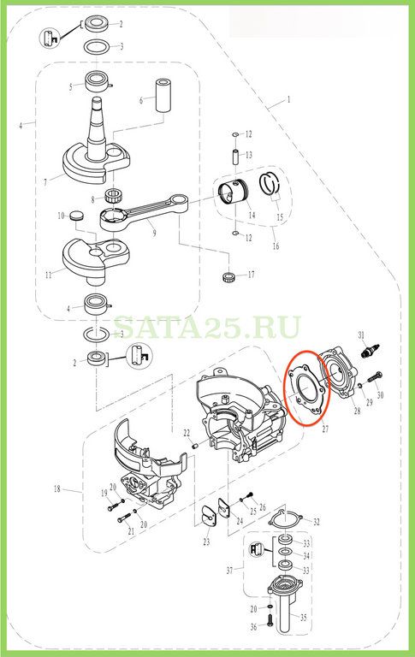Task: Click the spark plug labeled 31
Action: click(x=371, y=349)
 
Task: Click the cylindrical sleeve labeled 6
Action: click(x=163, y=95)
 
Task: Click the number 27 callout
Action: click(x=326, y=429)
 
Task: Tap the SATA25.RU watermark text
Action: click(x=207, y=328)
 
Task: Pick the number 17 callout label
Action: click(x=251, y=275)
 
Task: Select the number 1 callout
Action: click(x=288, y=100)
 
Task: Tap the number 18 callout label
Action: click(x=57, y=488)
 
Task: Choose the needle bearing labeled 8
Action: click(x=112, y=194)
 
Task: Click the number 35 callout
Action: click(x=304, y=618)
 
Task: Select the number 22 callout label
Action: click(x=187, y=433)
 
